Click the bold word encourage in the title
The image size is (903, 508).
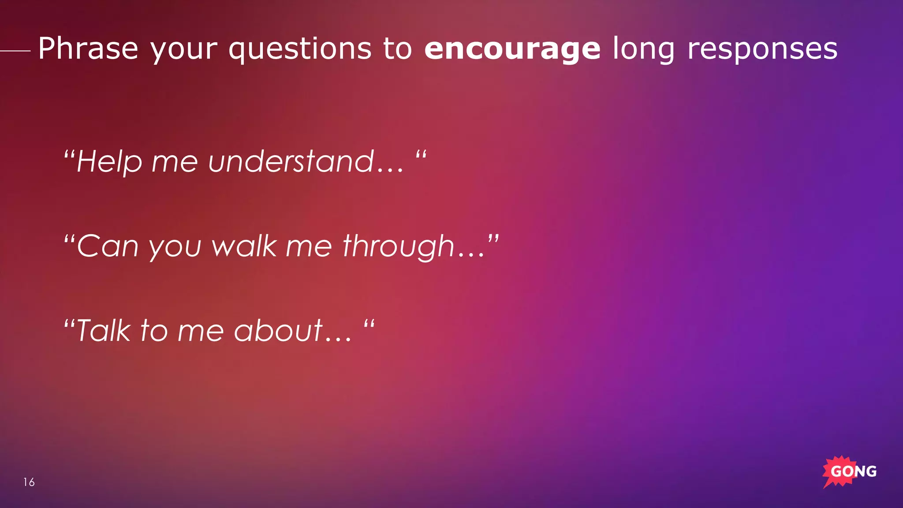tap(512, 49)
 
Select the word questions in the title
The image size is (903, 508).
tap(300, 49)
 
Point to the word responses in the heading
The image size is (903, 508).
tap(762, 49)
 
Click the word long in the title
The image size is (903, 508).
tap(643, 49)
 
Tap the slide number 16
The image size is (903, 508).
tap(29, 482)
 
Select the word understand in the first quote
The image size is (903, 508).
tap(291, 161)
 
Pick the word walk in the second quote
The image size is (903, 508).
tap(244, 246)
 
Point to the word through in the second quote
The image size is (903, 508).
tap(398, 247)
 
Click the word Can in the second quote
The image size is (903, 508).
tap(108, 246)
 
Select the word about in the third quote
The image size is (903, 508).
tap(278, 331)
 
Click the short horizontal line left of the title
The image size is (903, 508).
tap(15, 51)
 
